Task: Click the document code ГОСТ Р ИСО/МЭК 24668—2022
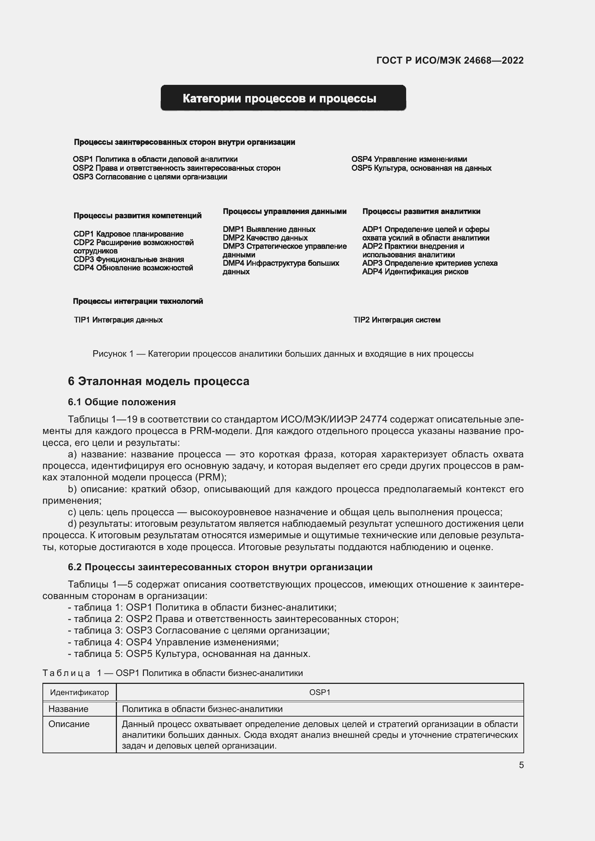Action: pyautogui.click(x=450, y=60)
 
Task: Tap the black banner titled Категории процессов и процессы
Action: pyautogui.click(x=283, y=98)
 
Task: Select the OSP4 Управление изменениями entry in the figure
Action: pyautogui.click(x=409, y=159)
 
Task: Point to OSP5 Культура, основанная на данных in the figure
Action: pyautogui.click(x=421, y=168)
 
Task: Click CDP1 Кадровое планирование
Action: pyautogui.click(x=128, y=234)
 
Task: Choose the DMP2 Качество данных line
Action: pyautogui.click(x=265, y=238)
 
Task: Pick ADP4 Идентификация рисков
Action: pyautogui.click(x=415, y=272)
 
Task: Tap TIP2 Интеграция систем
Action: pyautogui.click(x=396, y=320)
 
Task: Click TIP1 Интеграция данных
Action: pyautogui.click(x=118, y=320)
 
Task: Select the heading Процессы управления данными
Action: pyautogui.click(x=284, y=211)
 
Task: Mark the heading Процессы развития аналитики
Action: pyautogui.click(x=421, y=211)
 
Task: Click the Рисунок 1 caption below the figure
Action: pyautogui.click(x=283, y=354)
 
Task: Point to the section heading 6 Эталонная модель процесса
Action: pyautogui.click(x=158, y=381)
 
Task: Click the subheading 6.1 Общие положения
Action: pyautogui.click(x=122, y=402)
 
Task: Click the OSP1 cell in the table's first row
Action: pyautogui.click(x=319, y=692)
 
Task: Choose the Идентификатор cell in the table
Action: pyautogui.click(x=79, y=692)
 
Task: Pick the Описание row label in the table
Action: pyautogui.click(x=69, y=724)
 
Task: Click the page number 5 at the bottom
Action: pyautogui.click(x=521, y=765)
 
